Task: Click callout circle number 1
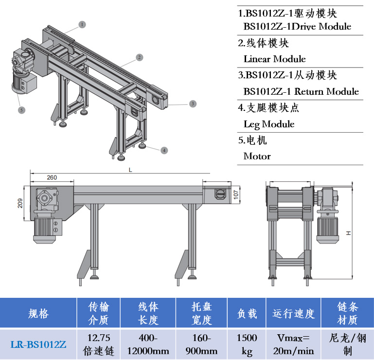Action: pyautogui.click(x=82, y=24)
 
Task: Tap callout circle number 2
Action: pyautogui.click(x=140, y=57)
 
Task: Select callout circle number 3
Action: pyautogui.click(x=193, y=103)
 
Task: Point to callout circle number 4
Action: pyautogui.click(x=165, y=150)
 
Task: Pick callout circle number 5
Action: pyautogui.click(x=21, y=110)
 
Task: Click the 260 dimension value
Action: pyautogui.click(x=52, y=177)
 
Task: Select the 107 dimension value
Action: pyautogui.click(x=236, y=194)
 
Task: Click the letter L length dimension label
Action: pyautogui.click(x=130, y=170)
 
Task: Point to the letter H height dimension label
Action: pyautogui.click(x=348, y=234)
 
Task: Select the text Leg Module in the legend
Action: pyautogui.click(x=269, y=124)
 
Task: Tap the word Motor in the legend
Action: pyautogui.click(x=257, y=156)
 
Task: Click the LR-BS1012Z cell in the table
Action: pyautogui.click(x=38, y=344)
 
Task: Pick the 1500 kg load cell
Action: pyautogui.click(x=247, y=344)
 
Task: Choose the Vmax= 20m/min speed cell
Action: pyautogui.click(x=293, y=344)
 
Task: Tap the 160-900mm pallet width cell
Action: pyautogui.click(x=201, y=344)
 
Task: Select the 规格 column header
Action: pyautogui.click(x=38, y=314)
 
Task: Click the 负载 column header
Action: pyautogui.click(x=247, y=314)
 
